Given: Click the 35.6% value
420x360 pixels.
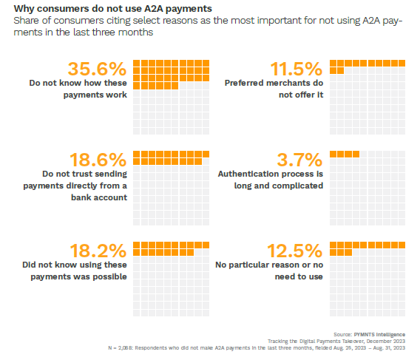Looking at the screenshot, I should (97, 69).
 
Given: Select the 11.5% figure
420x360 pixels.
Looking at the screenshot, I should (296, 69).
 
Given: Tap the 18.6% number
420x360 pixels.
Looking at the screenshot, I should (97, 160).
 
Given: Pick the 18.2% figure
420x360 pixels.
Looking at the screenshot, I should (97, 251).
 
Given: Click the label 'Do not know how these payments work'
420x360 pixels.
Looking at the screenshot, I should (78, 89).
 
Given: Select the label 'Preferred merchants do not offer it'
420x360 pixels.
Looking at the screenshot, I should (274, 89).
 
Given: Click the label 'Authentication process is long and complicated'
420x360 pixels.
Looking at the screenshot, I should (271, 180).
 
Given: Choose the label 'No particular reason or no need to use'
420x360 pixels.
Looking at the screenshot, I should (269, 270).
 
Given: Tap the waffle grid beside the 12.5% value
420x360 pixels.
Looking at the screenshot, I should (367, 280).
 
